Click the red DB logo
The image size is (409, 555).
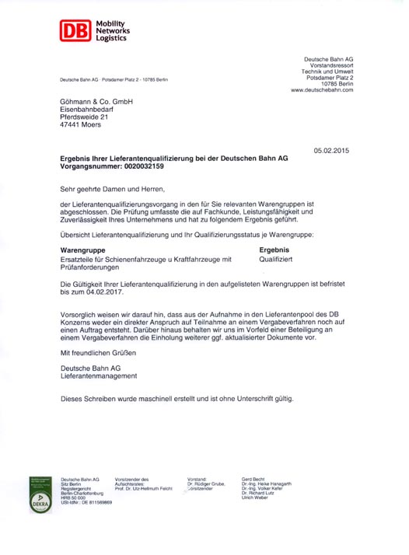(x=73, y=31)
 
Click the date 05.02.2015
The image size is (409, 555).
(x=333, y=150)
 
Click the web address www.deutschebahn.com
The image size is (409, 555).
(x=322, y=90)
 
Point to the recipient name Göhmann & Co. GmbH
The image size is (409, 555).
(x=96, y=102)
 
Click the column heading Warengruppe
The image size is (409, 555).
(x=82, y=250)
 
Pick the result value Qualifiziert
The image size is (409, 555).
(x=276, y=259)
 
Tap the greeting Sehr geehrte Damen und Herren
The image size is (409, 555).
(x=113, y=189)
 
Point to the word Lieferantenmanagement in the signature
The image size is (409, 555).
(x=99, y=376)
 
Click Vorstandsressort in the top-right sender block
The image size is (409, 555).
(x=329, y=65)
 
